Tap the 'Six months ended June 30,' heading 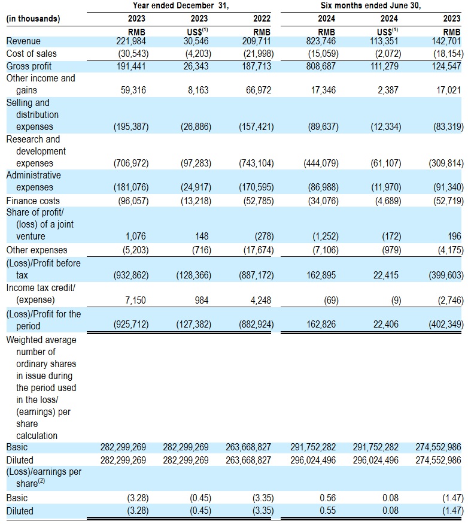click(x=376, y=6)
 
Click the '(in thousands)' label click(x=34, y=19)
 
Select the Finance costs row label click(x=33, y=201)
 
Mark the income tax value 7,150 click(x=136, y=299)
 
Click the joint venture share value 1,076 click(x=138, y=237)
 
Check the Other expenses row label click(x=37, y=250)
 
